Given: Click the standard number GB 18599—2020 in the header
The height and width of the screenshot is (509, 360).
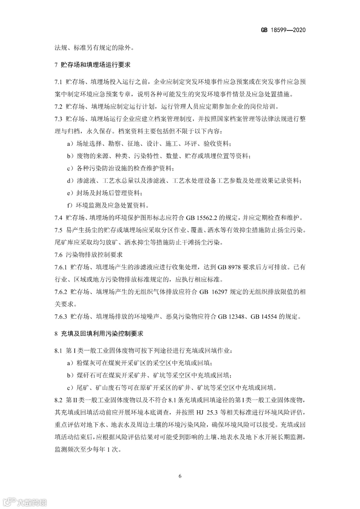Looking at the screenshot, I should coord(283,30).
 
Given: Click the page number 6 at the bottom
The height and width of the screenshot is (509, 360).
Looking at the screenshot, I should coord(180,476).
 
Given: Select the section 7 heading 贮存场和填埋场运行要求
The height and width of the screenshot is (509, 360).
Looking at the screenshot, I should coord(96,65).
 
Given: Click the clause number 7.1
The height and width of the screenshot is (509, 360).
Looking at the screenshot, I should coord(58,82).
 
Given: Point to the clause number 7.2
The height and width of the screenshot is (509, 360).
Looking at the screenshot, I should coord(58,107).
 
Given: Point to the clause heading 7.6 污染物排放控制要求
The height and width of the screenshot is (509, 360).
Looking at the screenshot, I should coord(89,255).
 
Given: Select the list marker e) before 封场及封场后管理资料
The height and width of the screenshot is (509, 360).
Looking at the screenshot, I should coord(70,193).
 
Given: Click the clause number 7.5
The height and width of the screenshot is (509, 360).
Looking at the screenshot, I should coord(58,230).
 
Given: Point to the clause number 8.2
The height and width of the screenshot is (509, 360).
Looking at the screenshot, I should coord(58,400).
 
